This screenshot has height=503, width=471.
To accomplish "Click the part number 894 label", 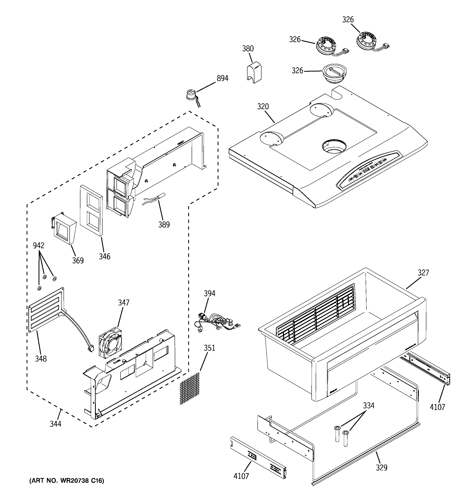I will (223, 78).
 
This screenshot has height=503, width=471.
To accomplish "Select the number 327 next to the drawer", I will (423, 273).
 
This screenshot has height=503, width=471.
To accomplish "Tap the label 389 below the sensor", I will (164, 224).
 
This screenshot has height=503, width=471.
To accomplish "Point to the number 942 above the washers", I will (39, 246).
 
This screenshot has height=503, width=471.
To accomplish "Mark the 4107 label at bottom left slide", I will (241, 476).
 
